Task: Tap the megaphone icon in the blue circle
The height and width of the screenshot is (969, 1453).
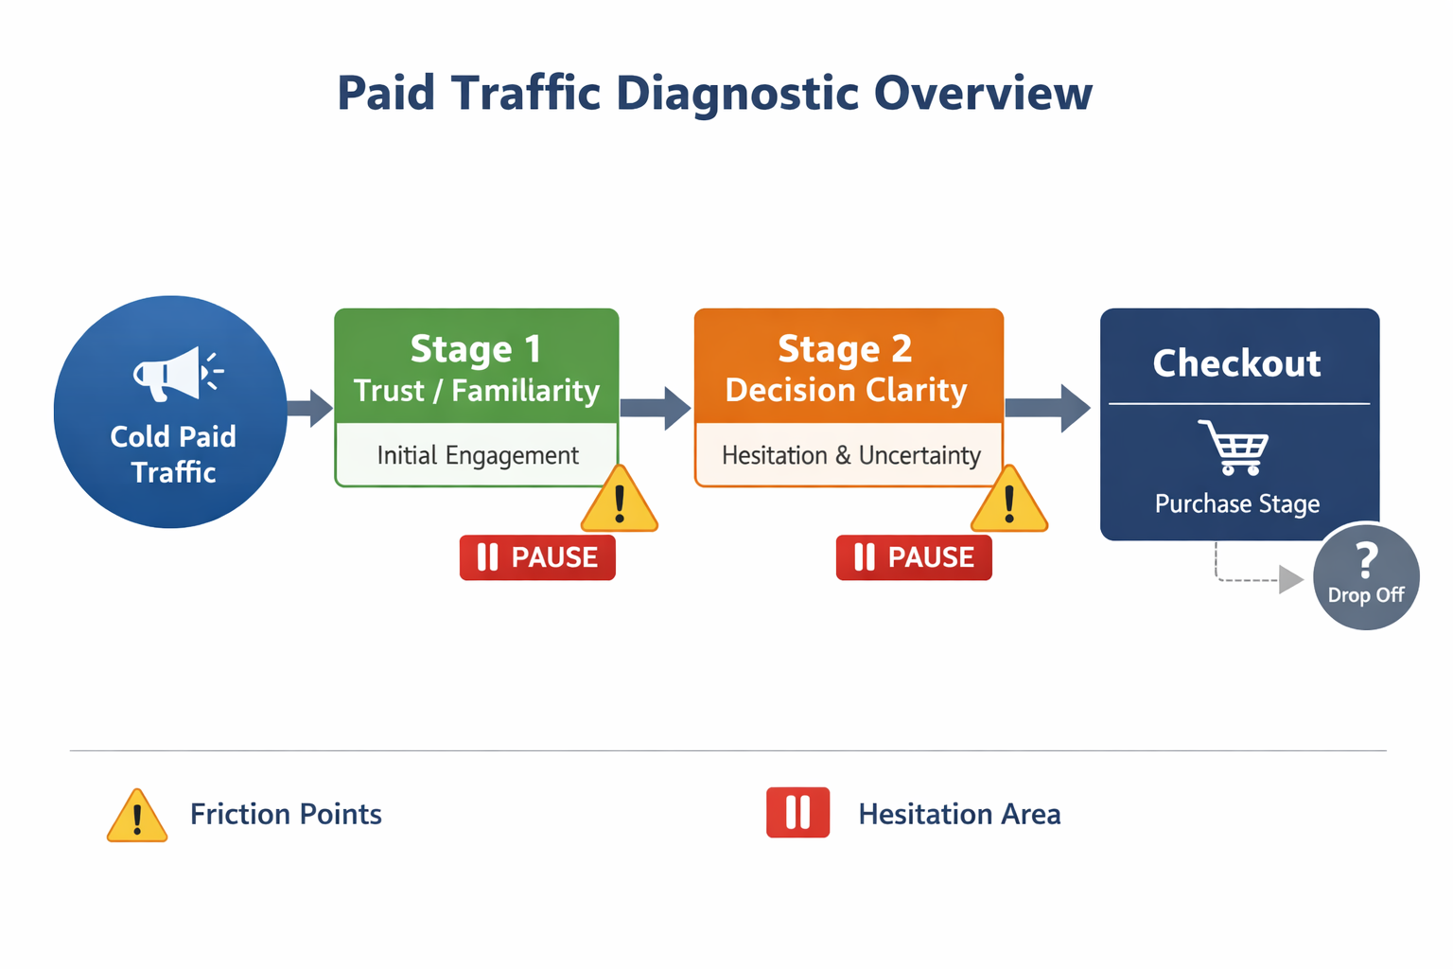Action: pyautogui.click(x=176, y=373)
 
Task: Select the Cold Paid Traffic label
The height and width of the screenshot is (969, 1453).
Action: pyautogui.click(x=173, y=454)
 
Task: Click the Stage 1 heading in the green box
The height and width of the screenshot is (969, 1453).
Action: pyautogui.click(x=476, y=349)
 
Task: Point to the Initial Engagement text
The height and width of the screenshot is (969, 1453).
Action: pyautogui.click(x=477, y=455)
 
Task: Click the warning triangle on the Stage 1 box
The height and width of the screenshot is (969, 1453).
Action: pyautogui.click(x=620, y=502)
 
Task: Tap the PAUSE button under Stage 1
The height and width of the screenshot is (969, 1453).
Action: pyautogui.click(x=537, y=557)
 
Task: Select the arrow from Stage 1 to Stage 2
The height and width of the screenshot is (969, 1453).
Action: pyautogui.click(x=656, y=408)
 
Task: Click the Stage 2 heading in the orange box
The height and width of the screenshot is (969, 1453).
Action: pyautogui.click(x=845, y=349)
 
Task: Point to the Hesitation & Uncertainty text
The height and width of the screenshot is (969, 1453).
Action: pyautogui.click(x=850, y=455)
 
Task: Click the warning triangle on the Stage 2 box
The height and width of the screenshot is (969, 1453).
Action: pyautogui.click(x=1009, y=502)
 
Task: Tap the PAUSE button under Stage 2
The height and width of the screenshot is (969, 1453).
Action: pyautogui.click(x=914, y=557)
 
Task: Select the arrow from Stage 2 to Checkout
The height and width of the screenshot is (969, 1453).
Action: pyautogui.click(x=1047, y=408)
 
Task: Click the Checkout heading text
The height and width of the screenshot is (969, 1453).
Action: pyautogui.click(x=1236, y=363)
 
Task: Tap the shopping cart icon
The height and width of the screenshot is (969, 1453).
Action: pyautogui.click(x=1234, y=448)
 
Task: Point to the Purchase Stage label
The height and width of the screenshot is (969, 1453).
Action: pyautogui.click(x=1236, y=503)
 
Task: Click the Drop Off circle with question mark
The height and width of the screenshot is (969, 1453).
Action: pyautogui.click(x=1366, y=576)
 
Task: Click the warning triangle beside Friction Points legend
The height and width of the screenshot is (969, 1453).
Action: pyautogui.click(x=137, y=817)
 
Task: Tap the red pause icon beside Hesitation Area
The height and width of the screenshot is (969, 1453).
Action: pyautogui.click(x=797, y=813)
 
